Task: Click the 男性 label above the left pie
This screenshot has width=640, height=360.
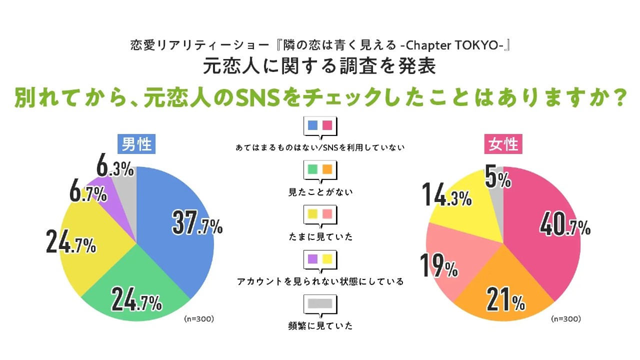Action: pos(136,144)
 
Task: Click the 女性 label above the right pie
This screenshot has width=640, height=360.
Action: pos(503,144)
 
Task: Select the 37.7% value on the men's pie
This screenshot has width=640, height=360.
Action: pos(197,222)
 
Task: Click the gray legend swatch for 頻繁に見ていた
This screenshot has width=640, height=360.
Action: pos(320,303)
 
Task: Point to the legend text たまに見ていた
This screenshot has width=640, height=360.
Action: pos(320,236)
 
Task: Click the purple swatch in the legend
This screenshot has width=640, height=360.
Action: pos(312,259)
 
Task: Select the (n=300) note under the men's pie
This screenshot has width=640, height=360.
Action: pos(199,318)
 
